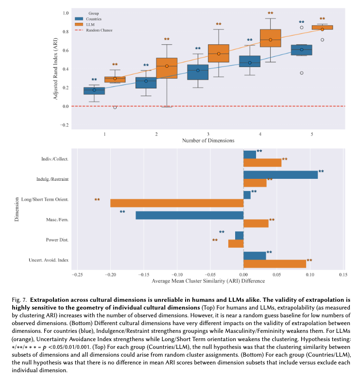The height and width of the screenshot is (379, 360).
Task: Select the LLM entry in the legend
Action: click(90, 24)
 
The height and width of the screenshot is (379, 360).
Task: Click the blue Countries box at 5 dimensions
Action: click(301, 50)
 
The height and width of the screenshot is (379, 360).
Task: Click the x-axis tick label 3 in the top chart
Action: click(208, 133)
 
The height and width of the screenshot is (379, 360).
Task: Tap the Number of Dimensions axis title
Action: click(208, 140)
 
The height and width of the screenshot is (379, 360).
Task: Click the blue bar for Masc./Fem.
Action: click(189, 215)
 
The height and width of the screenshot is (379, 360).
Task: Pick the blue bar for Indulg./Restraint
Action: click(280, 174)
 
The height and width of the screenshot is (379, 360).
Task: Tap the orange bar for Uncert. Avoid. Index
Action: click(274, 263)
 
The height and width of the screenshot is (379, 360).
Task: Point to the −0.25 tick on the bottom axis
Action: click(77, 275)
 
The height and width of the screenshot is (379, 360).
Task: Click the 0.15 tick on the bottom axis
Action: click(343, 275)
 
